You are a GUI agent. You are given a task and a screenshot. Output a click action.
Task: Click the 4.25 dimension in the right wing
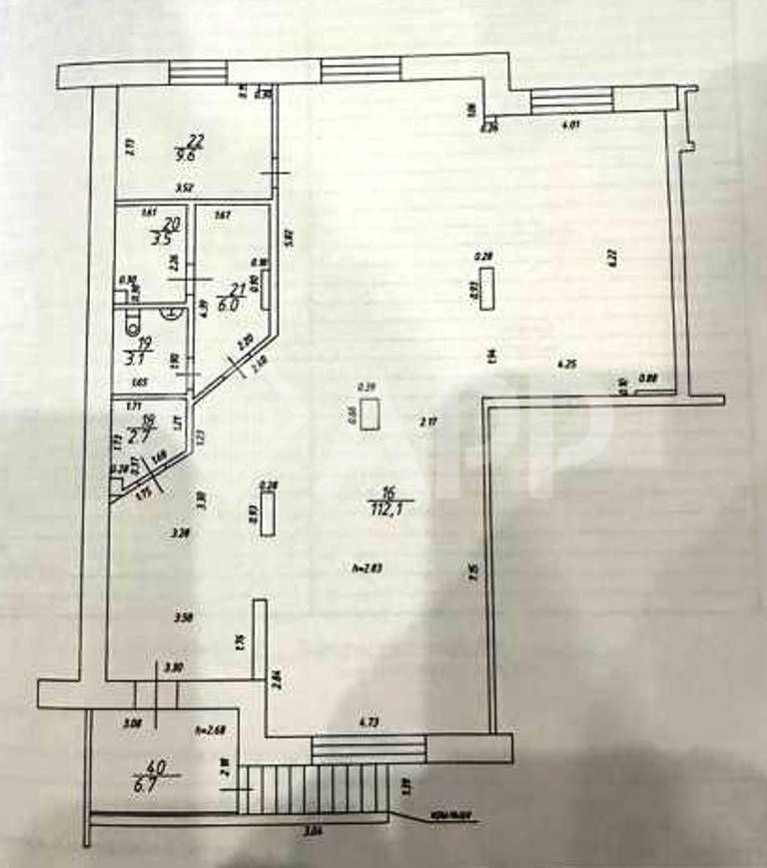pos(567,364)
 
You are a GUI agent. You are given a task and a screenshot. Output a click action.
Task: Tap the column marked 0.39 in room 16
pos(372,413)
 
